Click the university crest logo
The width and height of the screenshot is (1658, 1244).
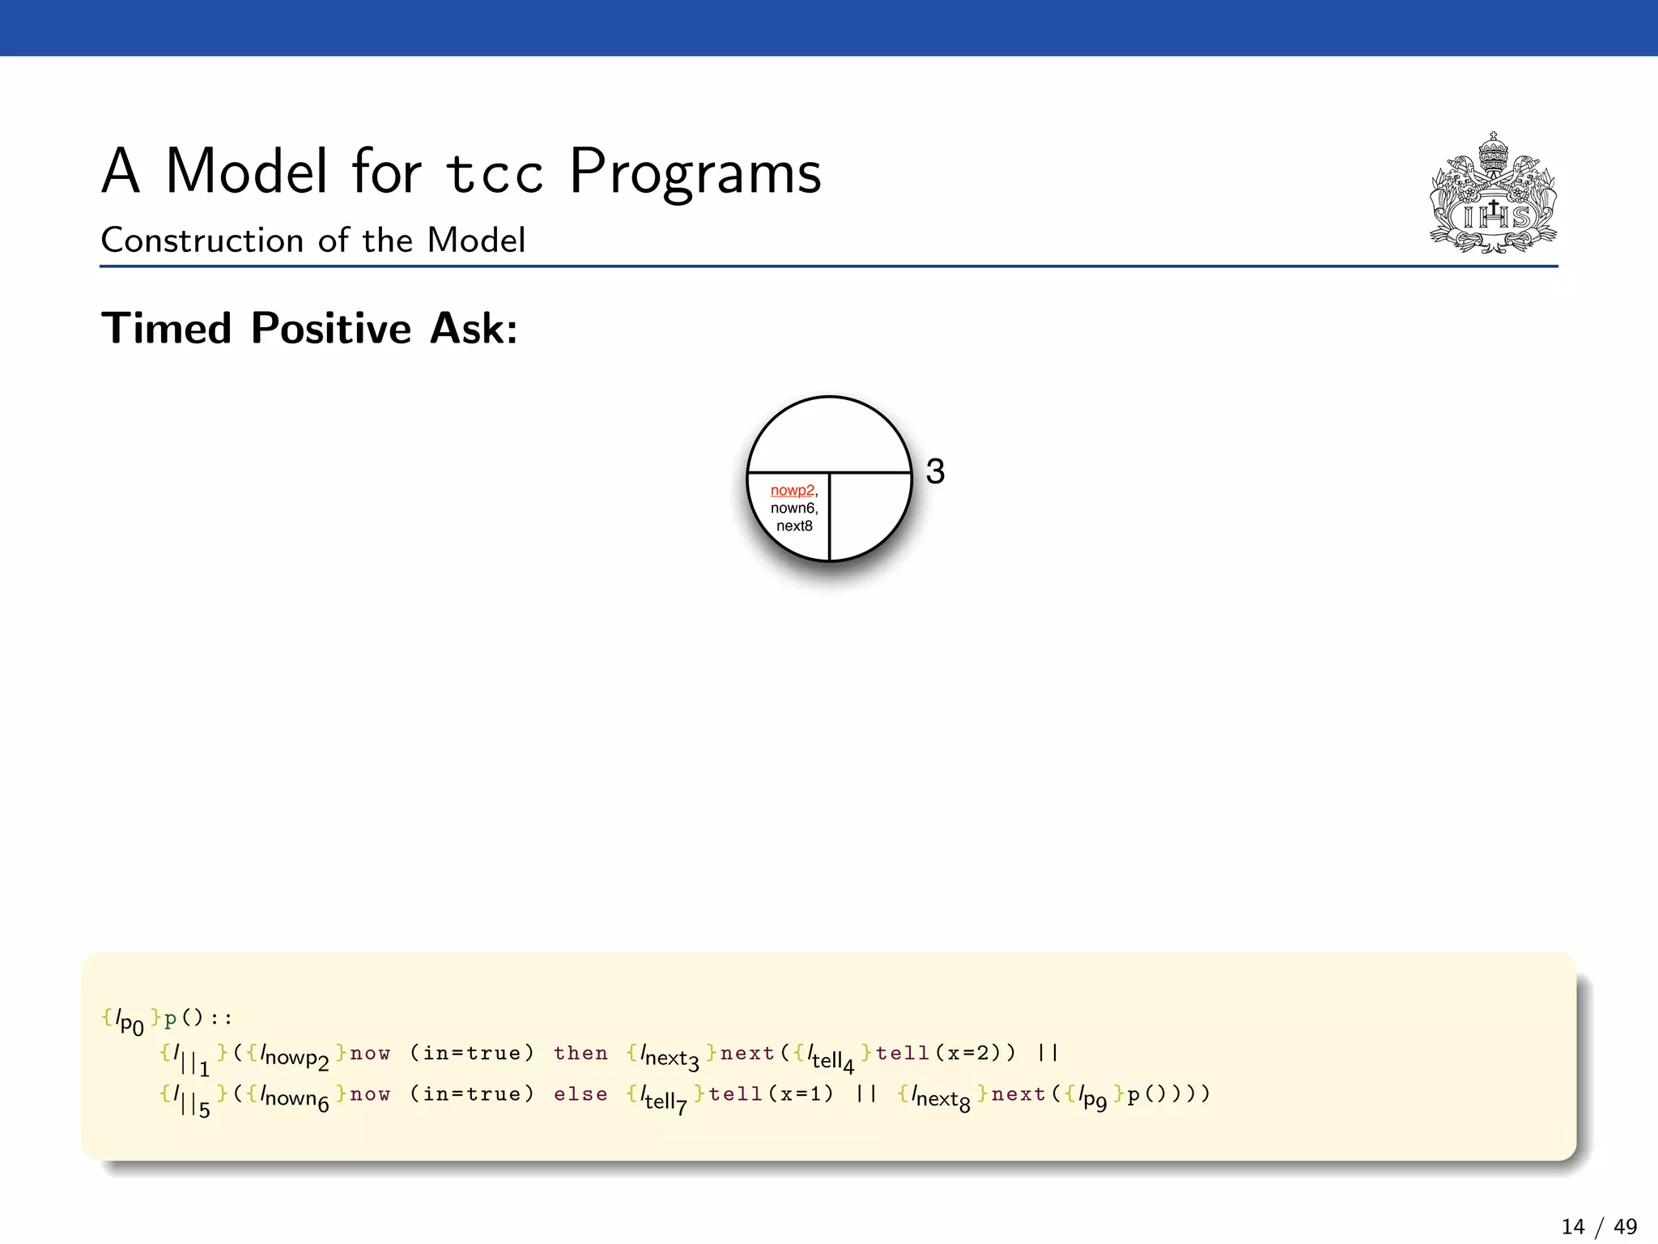pyautogui.click(x=1493, y=194)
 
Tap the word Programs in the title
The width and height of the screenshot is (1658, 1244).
pyautogui.click(x=695, y=172)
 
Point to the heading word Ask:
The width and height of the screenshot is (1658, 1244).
pyautogui.click(x=474, y=329)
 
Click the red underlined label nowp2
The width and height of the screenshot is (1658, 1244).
pyautogui.click(x=792, y=490)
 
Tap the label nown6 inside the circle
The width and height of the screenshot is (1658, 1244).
pyautogui.click(x=793, y=508)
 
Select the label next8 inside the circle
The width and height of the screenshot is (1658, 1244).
pyautogui.click(x=793, y=526)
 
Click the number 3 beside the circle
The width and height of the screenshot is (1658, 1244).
pyautogui.click(x=935, y=471)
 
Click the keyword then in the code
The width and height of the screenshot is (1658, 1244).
pyautogui.click(x=580, y=1053)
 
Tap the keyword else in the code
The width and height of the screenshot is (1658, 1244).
pyautogui.click(x=580, y=1094)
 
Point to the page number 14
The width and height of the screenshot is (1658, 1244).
pyautogui.click(x=1572, y=1227)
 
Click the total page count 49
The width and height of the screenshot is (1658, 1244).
pyautogui.click(x=1625, y=1227)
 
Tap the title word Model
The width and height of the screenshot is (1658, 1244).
pyautogui.click(x=247, y=172)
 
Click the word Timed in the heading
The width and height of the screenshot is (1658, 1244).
pyautogui.click(x=167, y=329)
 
